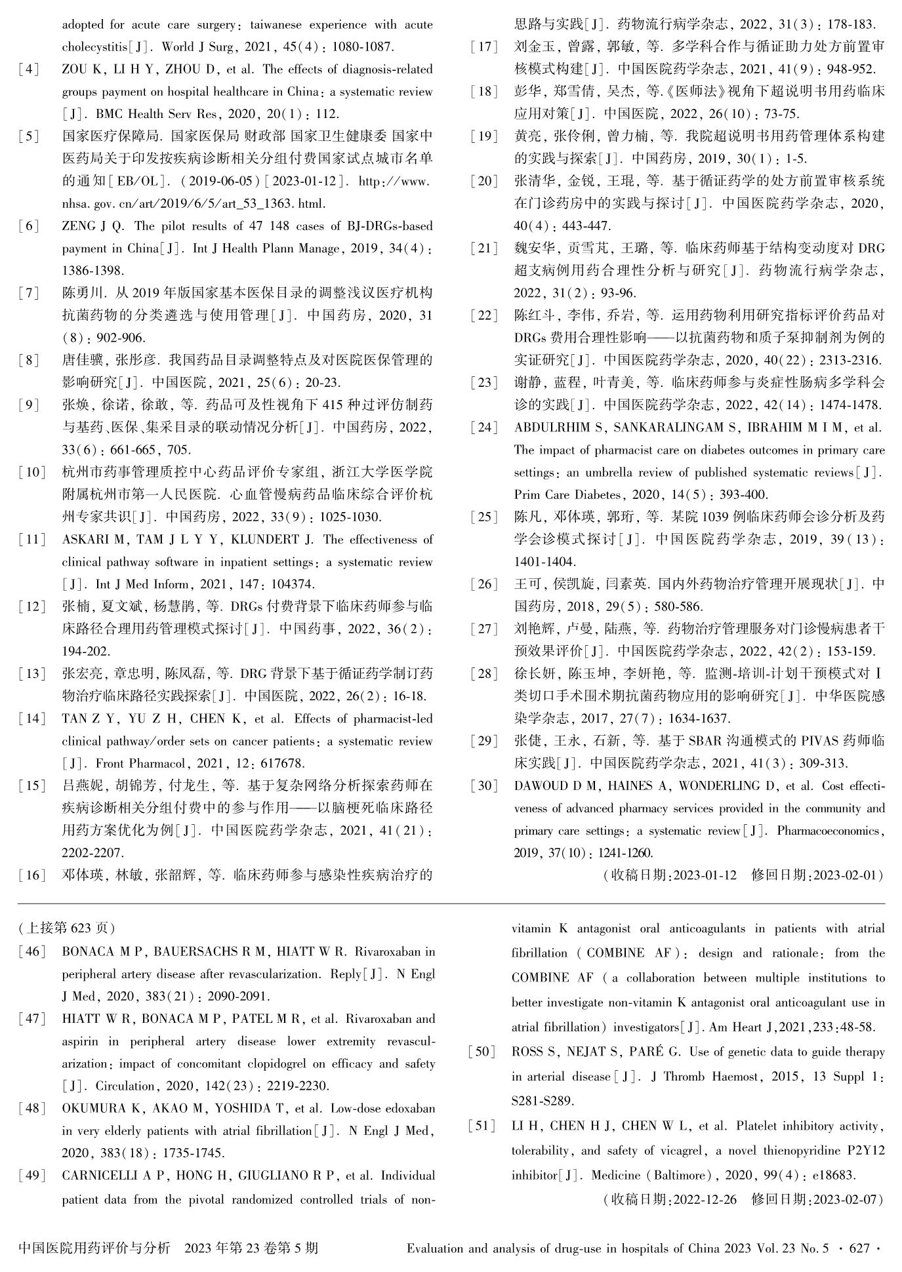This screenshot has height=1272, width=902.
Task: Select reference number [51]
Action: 482,1126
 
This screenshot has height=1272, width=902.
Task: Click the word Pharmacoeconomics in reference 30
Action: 830,831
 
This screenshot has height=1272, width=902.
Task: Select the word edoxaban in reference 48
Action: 407,1108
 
